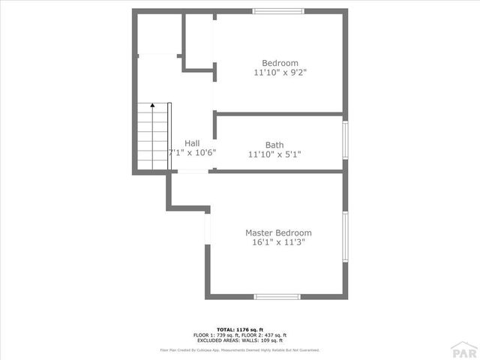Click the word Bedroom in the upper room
tap(280, 63)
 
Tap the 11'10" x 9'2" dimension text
tap(280, 73)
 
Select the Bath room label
tap(274, 145)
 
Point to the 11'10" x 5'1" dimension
tap(274, 155)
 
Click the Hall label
tap(192, 143)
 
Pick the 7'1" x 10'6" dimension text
tap(193, 153)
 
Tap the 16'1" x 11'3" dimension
tap(279, 243)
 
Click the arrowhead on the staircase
tap(152, 107)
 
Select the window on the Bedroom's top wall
tap(277, 10)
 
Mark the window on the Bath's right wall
tap(346, 142)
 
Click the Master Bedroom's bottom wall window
tap(277, 297)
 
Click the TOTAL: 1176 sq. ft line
tap(240, 329)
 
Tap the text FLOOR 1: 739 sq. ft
tap(216, 334)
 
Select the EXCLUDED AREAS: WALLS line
tap(240, 340)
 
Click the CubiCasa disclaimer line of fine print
tap(240, 349)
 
